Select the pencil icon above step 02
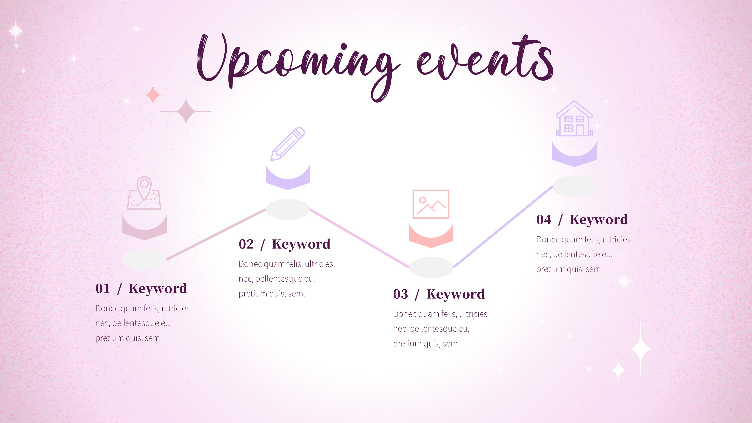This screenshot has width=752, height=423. (x=288, y=144)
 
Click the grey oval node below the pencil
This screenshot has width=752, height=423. (x=288, y=209)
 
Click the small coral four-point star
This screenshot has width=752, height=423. (x=153, y=95)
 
